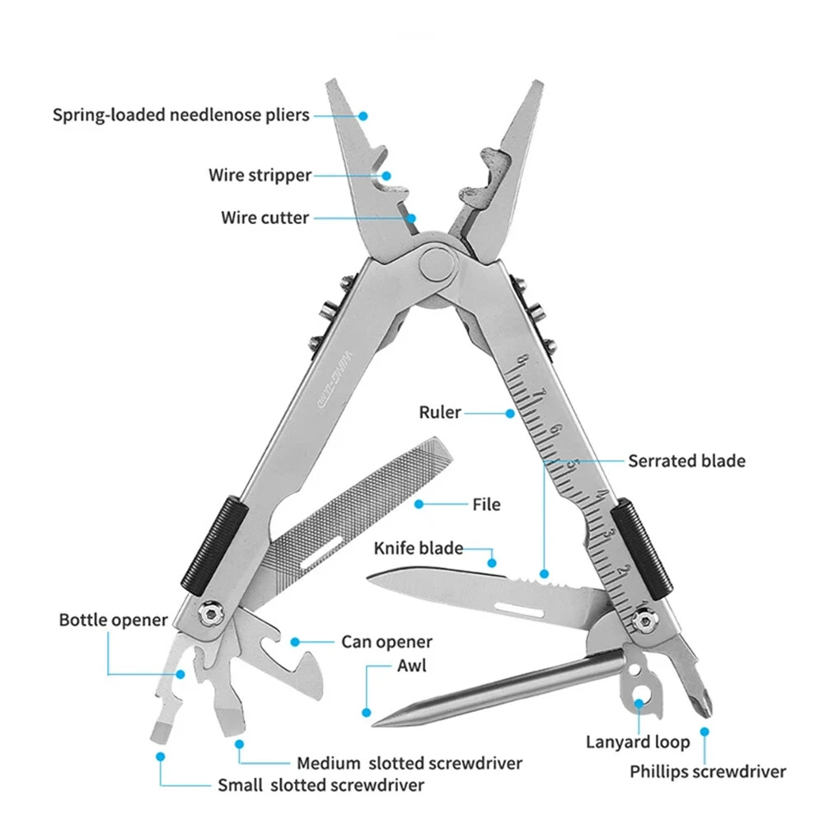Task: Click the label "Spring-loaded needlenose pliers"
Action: click(x=181, y=115)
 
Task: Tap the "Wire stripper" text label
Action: click(x=260, y=175)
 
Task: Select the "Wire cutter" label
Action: click(x=265, y=218)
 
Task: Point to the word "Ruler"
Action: click(x=440, y=412)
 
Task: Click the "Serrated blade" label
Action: click(x=686, y=461)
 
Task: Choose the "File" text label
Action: click(x=486, y=503)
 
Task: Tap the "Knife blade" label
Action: click(x=418, y=548)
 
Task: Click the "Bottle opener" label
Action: click(x=113, y=620)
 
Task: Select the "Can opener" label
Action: click(x=386, y=642)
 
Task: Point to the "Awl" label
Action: click(x=411, y=665)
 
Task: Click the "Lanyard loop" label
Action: click(x=638, y=742)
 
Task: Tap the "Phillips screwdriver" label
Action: click(x=708, y=772)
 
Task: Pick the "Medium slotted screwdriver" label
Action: click(x=410, y=764)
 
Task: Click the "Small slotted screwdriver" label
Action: click(x=321, y=784)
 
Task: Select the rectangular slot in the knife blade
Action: click(x=519, y=610)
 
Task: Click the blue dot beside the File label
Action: click(x=419, y=503)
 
